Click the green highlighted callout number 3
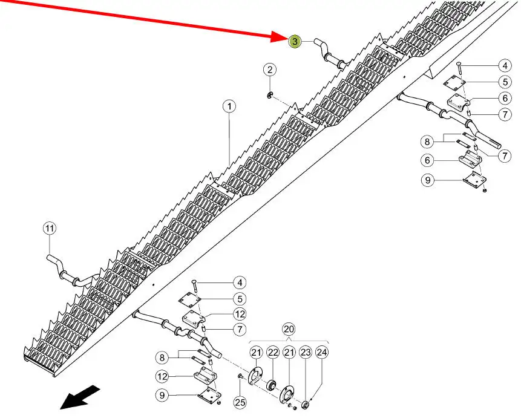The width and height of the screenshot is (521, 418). pyautogui.click(x=295, y=41)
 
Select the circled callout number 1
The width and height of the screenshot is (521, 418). pyautogui.click(x=229, y=107)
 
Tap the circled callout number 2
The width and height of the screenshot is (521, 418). pyautogui.click(x=269, y=70)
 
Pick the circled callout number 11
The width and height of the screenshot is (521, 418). pyautogui.click(x=49, y=228)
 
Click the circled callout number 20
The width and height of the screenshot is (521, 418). pyautogui.click(x=289, y=329)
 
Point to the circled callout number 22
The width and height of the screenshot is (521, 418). pyautogui.click(x=272, y=353)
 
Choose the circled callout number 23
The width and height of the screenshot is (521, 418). pyautogui.click(x=305, y=353)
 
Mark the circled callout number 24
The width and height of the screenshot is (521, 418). pyautogui.click(x=321, y=353)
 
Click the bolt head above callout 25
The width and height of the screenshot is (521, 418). pyautogui.click(x=240, y=377)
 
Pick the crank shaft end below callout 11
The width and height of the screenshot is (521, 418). pyautogui.click(x=53, y=260)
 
